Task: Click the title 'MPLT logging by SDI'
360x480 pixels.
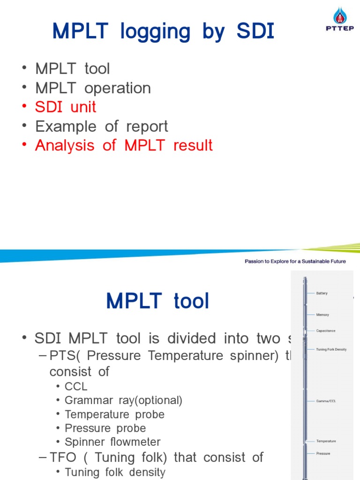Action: [x=163, y=32]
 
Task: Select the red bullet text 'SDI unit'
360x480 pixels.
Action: [x=66, y=107]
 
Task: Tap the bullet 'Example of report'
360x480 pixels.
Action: [x=101, y=126]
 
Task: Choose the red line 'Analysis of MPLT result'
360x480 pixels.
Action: [x=124, y=145]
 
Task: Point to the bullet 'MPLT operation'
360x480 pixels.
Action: [x=93, y=88]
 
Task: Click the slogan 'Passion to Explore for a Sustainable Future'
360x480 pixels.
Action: [x=295, y=261]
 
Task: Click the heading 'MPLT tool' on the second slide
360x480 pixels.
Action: [x=157, y=300]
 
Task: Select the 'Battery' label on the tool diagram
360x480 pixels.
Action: [x=322, y=293]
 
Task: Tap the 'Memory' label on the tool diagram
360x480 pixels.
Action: [x=322, y=315]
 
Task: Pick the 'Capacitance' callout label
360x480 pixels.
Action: [x=326, y=331]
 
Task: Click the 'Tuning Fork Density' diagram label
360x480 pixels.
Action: [x=331, y=349]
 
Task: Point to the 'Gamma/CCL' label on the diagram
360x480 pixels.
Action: [x=326, y=401]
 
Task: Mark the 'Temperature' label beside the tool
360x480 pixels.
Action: [x=326, y=441]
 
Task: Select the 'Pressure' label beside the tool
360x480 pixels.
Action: [x=323, y=453]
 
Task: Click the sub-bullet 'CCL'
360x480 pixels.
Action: [x=76, y=387]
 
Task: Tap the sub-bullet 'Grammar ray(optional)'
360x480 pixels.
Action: [x=123, y=400]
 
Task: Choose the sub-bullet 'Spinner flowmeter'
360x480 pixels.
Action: [x=112, y=442]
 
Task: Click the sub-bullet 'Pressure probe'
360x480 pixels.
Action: [x=105, y=428]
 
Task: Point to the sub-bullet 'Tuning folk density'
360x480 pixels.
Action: [x=115, y=472]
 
